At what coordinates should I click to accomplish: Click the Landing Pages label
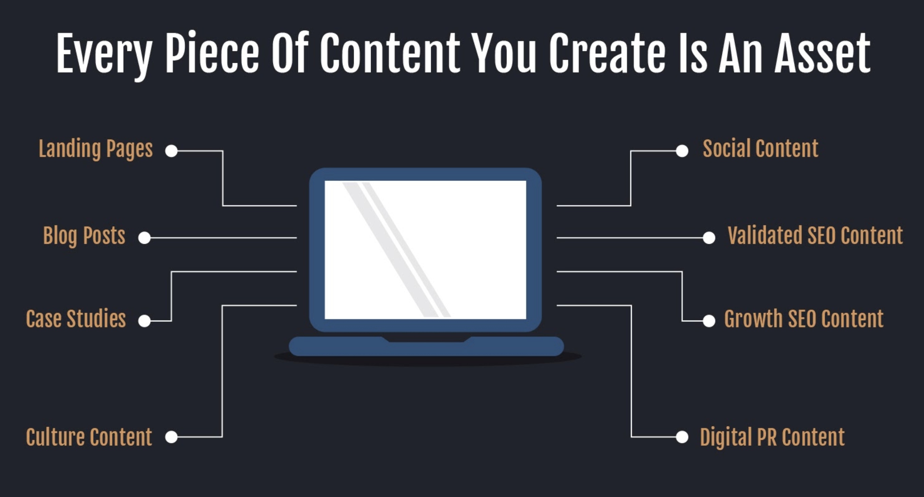[x=96, y=149]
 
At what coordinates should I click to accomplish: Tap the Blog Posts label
[x=84, y=236]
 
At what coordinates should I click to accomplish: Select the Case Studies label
[x=76, y=319]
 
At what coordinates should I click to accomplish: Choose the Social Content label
[x=760, y=149]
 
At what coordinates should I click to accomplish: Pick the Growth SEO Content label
[x=803, y=319]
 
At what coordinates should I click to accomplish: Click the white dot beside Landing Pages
[x=171, y=151]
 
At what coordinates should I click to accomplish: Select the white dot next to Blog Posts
[x=145, y=238]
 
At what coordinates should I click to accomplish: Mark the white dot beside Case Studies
[x=145, y=321]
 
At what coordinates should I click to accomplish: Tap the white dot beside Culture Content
[x=171, y=437]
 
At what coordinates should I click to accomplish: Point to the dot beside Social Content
[x=682, y=151]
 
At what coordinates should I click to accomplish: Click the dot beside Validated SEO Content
[x=709, y=238]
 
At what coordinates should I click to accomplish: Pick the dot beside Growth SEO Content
[x=709, y=321]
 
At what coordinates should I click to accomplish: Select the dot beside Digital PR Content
[x=682, y=437]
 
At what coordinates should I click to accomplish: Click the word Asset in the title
[x=822, y=53]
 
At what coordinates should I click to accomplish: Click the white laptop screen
[x=425, y=250]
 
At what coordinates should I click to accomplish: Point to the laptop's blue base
[x=426, y=346]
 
